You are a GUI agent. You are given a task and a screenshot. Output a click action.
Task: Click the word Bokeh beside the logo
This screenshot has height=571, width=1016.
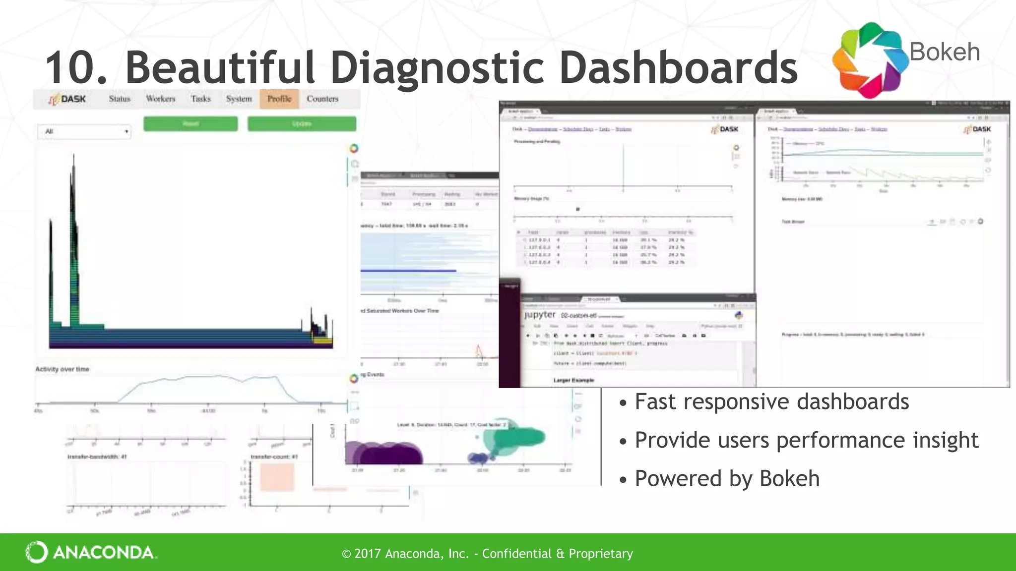pyautogui.click(x=945, y=52)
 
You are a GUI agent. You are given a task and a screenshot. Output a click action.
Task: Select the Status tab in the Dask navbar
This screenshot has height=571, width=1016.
pyautogui.click(x=120, y=99)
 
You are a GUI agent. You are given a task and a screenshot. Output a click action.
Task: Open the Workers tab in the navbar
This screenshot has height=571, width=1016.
pyautogui.click(x=161, y=99)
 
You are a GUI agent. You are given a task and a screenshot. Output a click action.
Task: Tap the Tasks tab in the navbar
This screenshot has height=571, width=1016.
pyautogui.click(x=201, y=99)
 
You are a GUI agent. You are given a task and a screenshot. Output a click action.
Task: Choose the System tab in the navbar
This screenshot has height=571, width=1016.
pyautogui.click(x=239, y=99)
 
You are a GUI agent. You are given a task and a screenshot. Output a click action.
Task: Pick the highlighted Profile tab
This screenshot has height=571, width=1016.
pyautogui.click(x=279, y=99)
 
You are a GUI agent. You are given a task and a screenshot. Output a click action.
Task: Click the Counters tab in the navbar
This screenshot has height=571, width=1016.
pyautogui.click(x=322, y=99)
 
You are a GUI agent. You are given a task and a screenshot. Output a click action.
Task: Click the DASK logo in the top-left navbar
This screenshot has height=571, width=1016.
pyautogui.click(x=67, y=99)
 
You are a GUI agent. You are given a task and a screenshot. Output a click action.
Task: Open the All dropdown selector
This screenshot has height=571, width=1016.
pyautogui.click(x=84, y=132)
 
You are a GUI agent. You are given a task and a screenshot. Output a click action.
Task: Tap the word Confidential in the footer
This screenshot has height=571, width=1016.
pyautogui.click(x=516, y=553)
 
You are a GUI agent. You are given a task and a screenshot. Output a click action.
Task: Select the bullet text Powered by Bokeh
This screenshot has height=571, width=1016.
pyautogui.click(x=727, y=478)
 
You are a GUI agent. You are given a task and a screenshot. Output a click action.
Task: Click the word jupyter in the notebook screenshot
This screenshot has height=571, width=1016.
pyautogui.click(x=540, y=315)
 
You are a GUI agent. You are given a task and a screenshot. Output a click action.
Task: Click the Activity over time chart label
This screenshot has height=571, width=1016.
pyautogui.click(x=62, y=369)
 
